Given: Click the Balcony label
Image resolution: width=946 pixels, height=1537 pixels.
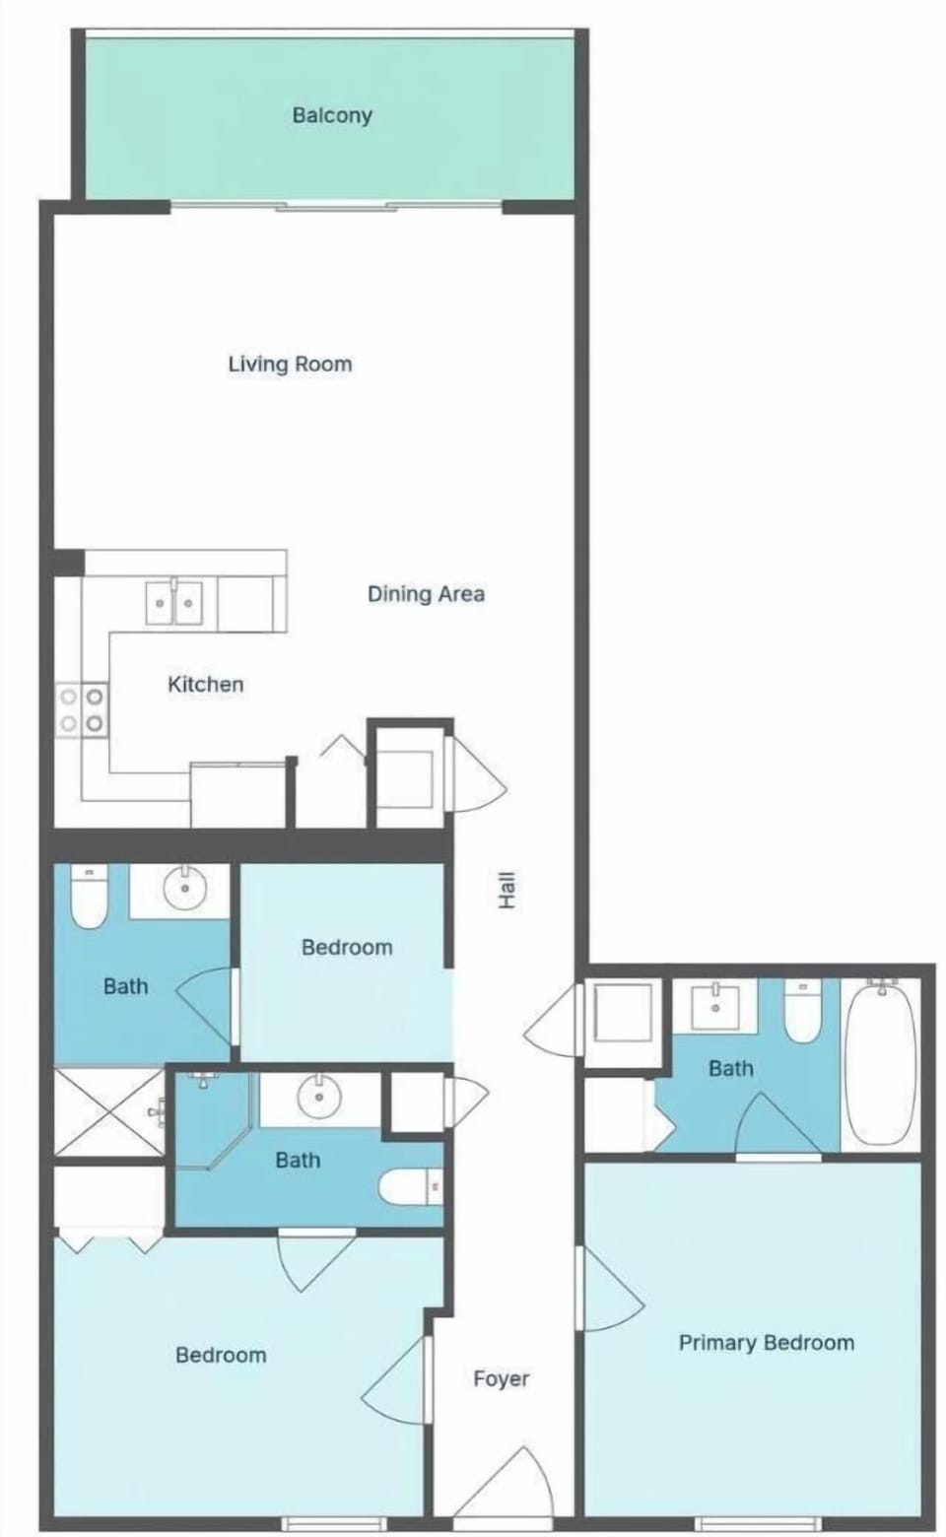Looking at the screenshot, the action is pos(332,114).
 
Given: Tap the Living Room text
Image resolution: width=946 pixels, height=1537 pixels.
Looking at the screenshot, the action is pos(291,364).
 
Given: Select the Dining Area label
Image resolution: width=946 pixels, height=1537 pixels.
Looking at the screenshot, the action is pos(427,593).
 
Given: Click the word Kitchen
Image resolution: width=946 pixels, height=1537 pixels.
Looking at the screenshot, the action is pos(206,684).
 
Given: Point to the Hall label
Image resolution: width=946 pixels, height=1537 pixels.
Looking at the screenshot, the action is pos(507,891).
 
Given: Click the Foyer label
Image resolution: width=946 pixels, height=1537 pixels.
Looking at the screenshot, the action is pos(502,1378).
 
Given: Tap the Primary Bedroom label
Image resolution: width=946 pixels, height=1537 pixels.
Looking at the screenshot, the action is pos(767,1343).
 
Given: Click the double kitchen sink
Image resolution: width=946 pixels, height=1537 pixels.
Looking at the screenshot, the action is pos(174,602).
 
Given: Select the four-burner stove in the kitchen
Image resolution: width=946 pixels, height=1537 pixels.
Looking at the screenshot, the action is pos(83,711).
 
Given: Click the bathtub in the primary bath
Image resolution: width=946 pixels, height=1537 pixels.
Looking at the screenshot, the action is pos(880,1066).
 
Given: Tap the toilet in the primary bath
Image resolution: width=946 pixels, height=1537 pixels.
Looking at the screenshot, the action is pos(802,1012).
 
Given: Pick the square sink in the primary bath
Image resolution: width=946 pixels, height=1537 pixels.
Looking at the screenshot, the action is pos(715,1007).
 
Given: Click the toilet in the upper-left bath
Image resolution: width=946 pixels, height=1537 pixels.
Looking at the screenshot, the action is pos(89,897).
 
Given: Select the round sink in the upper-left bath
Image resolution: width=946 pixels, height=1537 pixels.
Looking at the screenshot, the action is pos(185,888).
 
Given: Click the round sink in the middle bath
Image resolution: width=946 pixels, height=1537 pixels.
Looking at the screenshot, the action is pos(318,1096).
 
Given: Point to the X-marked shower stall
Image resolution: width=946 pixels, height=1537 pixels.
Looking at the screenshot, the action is pos(108,1112).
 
